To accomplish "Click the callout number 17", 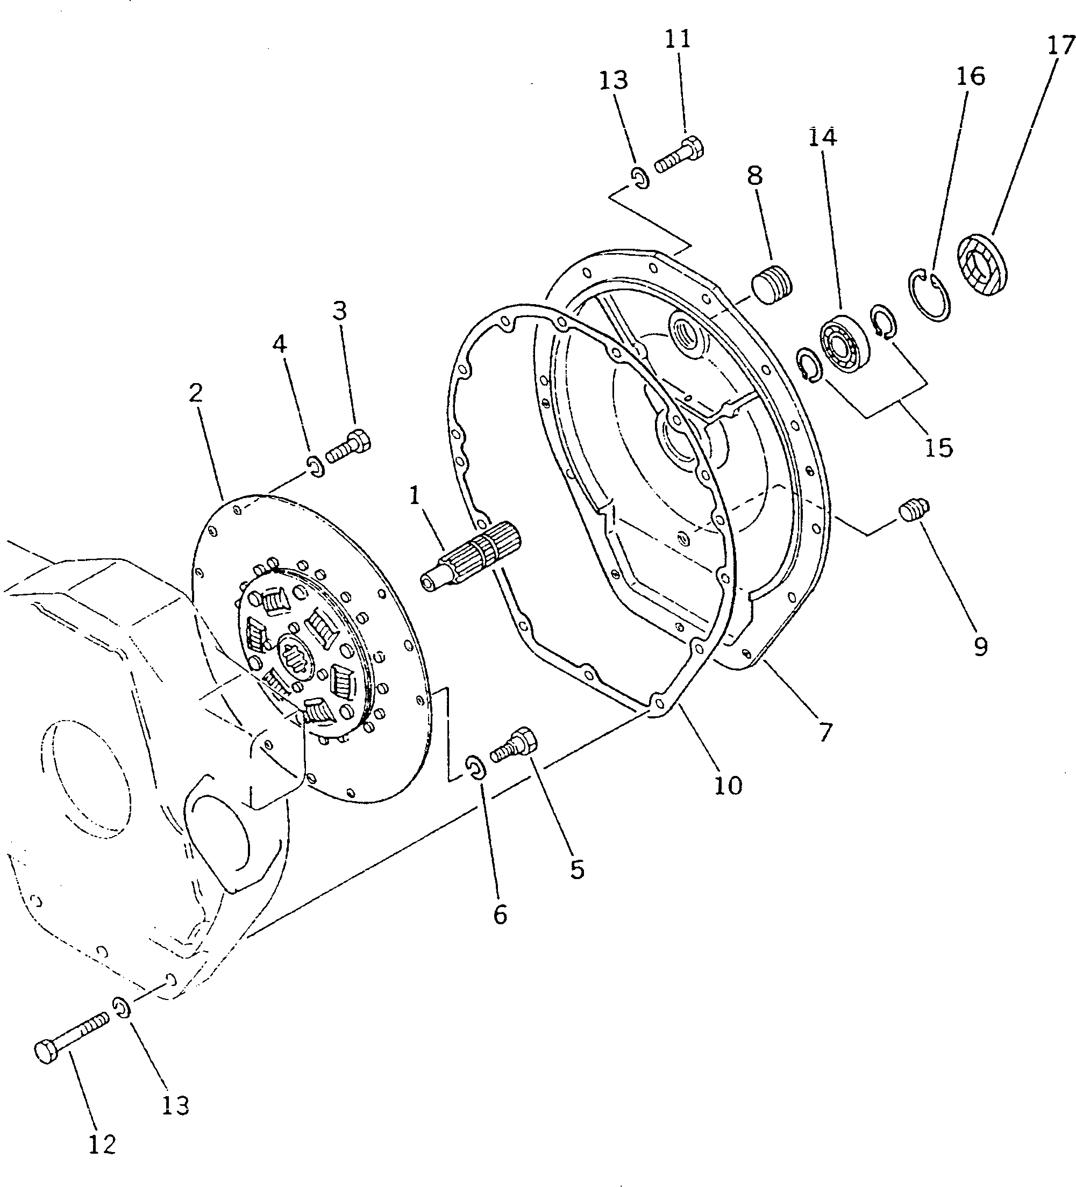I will [x=1061, y=46].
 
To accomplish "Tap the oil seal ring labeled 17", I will [x=980, y=265].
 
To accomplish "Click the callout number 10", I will [x=728, y=786].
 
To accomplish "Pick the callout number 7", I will [x=825, y=732].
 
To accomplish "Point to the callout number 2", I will [x=196, y=393].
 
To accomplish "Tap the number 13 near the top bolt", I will [x=614, y=80].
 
